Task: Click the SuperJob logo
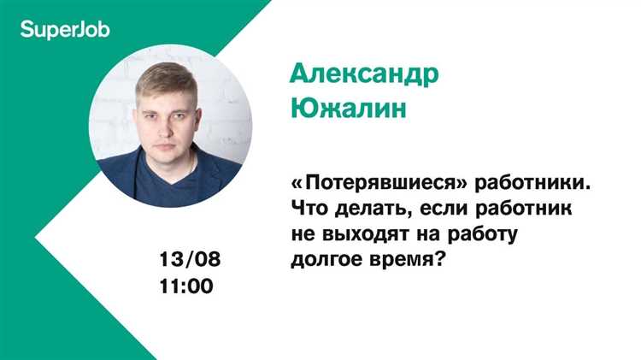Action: [x=64, y=30]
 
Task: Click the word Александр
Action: [x=364, y=74]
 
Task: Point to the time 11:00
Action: [x=186, y=286]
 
